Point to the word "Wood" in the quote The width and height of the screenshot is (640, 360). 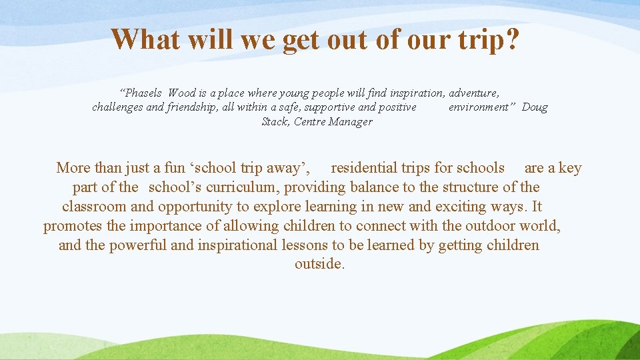tap(182, 93)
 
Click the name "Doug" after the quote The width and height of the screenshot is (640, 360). tap(535, 107)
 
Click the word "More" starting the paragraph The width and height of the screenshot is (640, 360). tap(73, 168)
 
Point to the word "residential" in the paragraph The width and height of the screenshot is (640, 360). tap(366, 168)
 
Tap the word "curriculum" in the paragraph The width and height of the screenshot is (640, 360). tap(245, 187)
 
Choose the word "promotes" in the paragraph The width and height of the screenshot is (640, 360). tap(73, 226)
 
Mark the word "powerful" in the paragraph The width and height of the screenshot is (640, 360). tap(138, 245)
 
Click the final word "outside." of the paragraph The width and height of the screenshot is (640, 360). tap(320, 265)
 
